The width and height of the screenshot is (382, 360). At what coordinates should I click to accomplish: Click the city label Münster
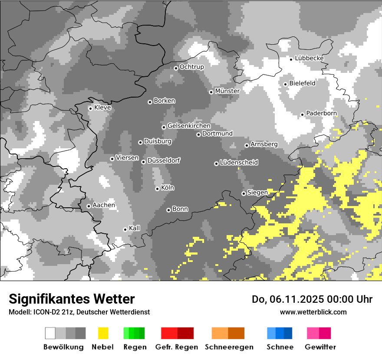pyautogui.click(x=227, y=91)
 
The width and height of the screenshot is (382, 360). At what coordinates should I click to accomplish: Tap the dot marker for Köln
pyautogui.click(x=157, y=189)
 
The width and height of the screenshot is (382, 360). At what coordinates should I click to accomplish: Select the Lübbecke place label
pyautogui.click(x=309, y=58)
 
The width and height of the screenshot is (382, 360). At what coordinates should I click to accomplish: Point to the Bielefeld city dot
pyautogui.click(x=286, y=84)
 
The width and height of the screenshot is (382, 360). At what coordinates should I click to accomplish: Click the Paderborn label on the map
pyautogui.click(x=321, y=113)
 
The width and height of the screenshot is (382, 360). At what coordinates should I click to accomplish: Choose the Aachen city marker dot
pyautogui.click(x=89, y=206)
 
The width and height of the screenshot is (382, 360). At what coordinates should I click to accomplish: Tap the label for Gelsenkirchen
pyautogui.click(x=189, y=126)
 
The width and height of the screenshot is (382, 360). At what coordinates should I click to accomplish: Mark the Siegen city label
pyautogui.click(x=257, y=193)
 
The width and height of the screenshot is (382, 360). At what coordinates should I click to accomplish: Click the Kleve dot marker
pyautogui.click(x=90, y=108)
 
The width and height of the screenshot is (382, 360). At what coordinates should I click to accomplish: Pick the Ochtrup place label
pyautogui.click(x=191, y=67)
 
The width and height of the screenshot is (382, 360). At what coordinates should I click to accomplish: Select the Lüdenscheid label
pyautogui.click(x=239, y=163)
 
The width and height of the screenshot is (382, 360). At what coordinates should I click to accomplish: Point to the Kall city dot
pyautogui.click(x=125, y=229)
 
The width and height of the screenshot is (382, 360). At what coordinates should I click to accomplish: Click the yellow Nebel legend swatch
pyautogui.click(x=103, y=333)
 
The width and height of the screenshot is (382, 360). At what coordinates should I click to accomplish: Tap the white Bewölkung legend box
pyautogui.click(x=50, y=333)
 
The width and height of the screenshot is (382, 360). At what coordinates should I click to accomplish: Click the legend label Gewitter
pyautogui.click(x=320, y=347)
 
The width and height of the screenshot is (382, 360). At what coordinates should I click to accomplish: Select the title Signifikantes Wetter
pyautogui.click(x=72, y=299)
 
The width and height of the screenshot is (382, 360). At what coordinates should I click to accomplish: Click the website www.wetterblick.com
pyautogui.click(x=313, y=312)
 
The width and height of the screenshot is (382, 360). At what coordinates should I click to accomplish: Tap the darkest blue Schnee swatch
pyautogui.click(x=288, y=333)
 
